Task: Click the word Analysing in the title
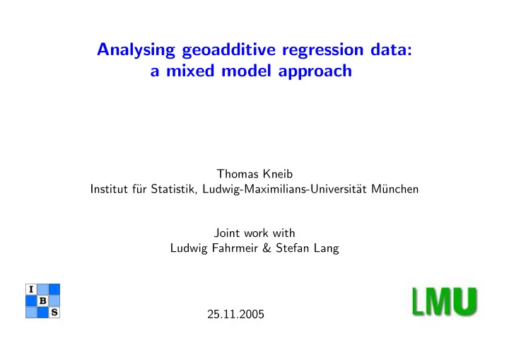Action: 136,50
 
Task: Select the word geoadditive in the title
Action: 228,50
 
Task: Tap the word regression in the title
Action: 322,51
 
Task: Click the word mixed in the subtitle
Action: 190,71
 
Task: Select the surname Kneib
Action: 278,174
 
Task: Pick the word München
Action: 394,189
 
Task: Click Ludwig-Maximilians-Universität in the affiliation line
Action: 284,189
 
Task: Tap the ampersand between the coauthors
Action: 267,248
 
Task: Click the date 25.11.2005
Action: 235,314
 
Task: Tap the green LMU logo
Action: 445,301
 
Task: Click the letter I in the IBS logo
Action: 31,289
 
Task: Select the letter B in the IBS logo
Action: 42,301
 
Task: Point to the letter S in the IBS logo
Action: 54,313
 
